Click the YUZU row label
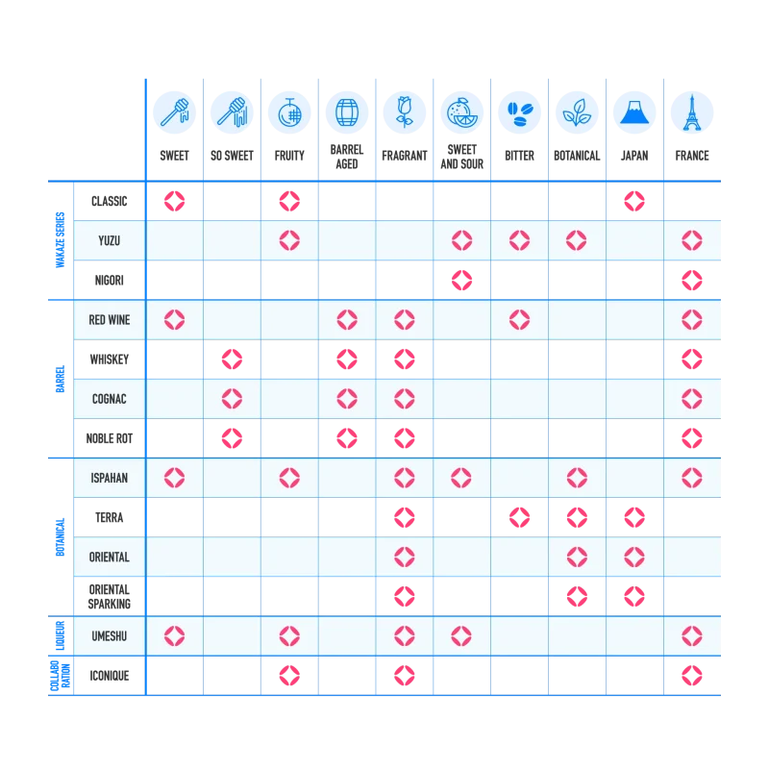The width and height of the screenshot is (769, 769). (109, 240)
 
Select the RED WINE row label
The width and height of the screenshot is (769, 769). (109, 319)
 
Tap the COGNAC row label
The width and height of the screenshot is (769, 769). (109, 398)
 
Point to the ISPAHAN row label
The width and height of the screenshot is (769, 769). (109, 477)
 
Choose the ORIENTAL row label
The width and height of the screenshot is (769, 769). (109, 557)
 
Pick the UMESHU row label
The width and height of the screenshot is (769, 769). (109, 635)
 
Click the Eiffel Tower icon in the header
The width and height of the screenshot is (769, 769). (691, 112)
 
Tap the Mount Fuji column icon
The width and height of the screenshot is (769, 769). (633, 112)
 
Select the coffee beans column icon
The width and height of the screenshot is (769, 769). (519, 112)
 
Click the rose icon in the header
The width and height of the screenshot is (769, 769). (404, 112)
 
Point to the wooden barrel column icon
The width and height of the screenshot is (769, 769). (346, 112)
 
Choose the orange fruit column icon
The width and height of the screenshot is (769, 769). (461, 112)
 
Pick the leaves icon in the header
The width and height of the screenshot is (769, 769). (577, 112)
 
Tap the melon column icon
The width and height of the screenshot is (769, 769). (288, 112)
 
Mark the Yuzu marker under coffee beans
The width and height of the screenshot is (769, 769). (519, 240)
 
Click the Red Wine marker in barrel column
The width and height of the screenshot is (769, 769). (346, 319)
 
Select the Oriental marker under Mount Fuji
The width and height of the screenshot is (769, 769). (633, 557)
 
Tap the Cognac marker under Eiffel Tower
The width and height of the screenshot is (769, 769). (691, 398)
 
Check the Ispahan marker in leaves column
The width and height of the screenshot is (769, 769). (577, 477)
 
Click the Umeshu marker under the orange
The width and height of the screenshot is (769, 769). (461, 635)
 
